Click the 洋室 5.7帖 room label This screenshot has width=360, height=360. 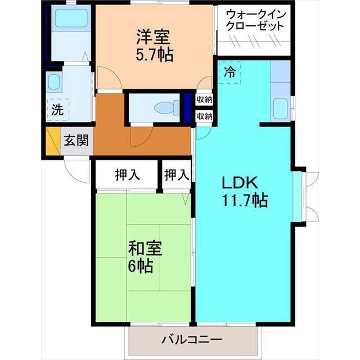pos(154,46)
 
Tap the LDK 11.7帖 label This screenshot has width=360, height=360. pos(244,192)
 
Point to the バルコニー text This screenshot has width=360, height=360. pos(192,339)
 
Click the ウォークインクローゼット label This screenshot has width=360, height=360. pos(255,20)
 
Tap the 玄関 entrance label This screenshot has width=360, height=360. pos(76,140)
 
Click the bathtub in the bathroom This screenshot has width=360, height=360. pos(71,18)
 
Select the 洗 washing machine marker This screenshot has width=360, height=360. pos(57,110)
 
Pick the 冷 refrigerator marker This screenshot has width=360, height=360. pos(229,72)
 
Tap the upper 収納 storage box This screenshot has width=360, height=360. pos(204,100)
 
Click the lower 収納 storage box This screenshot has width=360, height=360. pos(204,116)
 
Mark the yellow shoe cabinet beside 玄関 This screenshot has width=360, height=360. pos(53,141)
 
